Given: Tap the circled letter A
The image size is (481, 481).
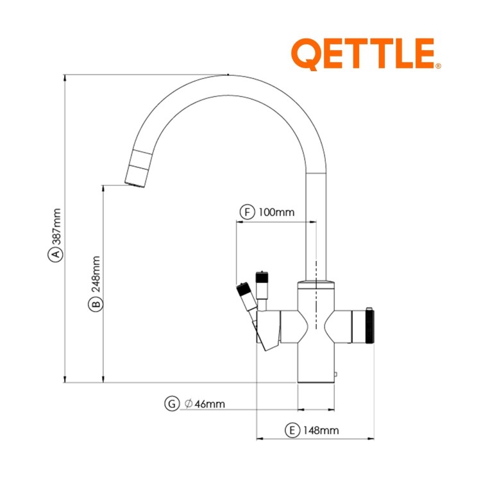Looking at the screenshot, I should click(x=56, y=255).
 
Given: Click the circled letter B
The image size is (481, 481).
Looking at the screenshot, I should click(x=94, y=304).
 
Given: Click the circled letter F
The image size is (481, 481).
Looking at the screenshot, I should click(x=247, y=212).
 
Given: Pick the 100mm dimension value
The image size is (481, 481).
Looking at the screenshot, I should click(x=276, y=212).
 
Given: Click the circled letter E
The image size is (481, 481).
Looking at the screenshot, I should click(x=292, y=430).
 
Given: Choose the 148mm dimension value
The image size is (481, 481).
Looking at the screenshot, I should click(x=321, y=430).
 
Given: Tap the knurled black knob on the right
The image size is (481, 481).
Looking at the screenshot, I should click(x=370, y=328).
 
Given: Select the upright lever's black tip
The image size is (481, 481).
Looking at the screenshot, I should click(x=262, y=278).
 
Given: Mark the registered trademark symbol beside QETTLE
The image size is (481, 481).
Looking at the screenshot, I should click(x=438, y=65).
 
